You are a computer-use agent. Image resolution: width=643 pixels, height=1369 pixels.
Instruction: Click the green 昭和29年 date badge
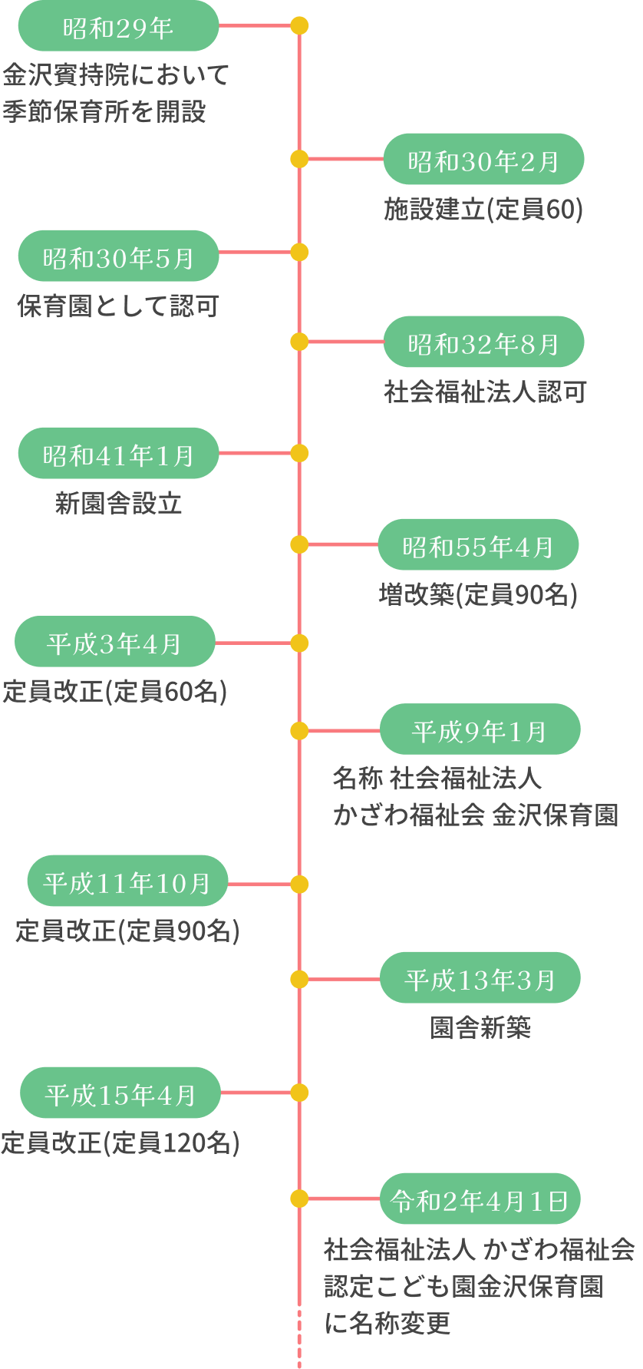118,27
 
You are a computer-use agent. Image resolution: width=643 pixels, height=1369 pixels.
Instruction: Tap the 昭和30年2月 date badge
483,160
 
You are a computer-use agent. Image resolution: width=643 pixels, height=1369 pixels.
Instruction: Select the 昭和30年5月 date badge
118,256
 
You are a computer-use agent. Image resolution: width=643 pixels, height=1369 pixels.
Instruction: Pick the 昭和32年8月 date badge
483,342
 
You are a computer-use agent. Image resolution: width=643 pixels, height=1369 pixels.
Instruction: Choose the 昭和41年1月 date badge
118,454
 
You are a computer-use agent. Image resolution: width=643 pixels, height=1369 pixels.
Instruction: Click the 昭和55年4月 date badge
478,545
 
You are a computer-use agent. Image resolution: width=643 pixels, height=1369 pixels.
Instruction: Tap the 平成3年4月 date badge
115,642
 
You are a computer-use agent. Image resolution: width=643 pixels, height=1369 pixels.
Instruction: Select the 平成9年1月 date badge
480,730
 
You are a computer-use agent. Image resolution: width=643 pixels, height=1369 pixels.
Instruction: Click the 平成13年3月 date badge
480,978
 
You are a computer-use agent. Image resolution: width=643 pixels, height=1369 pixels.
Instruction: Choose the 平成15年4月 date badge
120,1093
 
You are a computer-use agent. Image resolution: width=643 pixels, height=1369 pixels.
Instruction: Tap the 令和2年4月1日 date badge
480,1199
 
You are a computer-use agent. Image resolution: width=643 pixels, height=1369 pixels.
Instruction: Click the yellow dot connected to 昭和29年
299,26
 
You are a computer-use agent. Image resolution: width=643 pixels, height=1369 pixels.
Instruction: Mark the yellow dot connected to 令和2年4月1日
299,1199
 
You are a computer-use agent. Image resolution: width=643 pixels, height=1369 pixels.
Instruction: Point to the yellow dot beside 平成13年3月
299,979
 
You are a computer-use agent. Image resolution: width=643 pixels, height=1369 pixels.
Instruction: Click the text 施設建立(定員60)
483,209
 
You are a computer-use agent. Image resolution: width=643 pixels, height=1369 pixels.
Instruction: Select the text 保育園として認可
118,306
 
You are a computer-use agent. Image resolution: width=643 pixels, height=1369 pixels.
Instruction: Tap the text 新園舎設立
118,504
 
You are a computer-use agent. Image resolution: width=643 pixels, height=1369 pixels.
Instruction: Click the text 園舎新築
480,1027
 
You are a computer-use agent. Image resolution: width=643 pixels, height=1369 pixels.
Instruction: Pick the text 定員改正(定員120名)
120,1142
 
